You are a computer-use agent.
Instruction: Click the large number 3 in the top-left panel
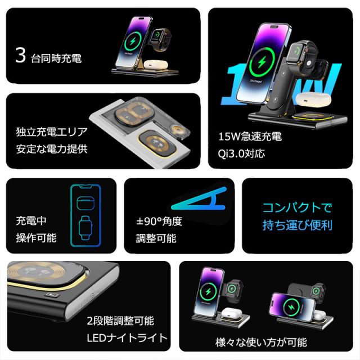21,56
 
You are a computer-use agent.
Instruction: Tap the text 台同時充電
56,58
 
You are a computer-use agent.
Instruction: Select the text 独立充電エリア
51,133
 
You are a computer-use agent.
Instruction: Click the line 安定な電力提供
51,149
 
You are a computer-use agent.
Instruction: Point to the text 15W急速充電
250,137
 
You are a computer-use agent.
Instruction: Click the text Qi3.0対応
241,153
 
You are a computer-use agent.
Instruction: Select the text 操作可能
36,237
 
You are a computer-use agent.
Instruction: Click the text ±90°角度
159,222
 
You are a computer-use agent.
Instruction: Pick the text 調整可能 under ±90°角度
156,238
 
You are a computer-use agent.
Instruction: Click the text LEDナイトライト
127,337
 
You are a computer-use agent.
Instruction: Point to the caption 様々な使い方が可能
262,342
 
